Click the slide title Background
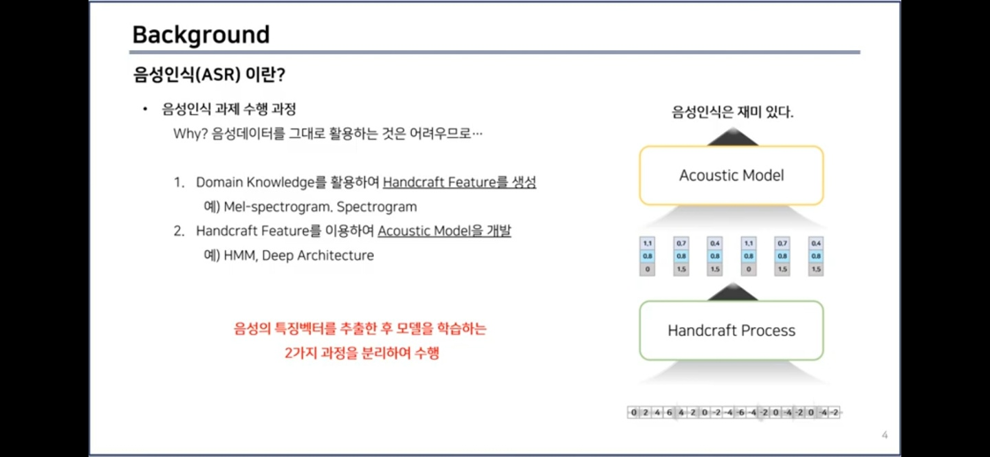[201, 34]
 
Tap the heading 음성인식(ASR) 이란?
[209, 74]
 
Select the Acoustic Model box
[731, 175]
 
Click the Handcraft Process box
[731, 331]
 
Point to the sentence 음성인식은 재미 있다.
[733, 112]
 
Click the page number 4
[885, 435]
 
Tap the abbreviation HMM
[239, 256]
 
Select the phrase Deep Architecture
[318, 256]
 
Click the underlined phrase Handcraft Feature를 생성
[459, 183]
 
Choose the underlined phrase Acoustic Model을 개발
[444, 231]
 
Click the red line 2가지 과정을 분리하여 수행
[362, 354]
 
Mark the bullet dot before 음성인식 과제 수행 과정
[145, 109]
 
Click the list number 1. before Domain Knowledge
[179, 183]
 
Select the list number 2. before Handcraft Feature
[179, 231]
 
